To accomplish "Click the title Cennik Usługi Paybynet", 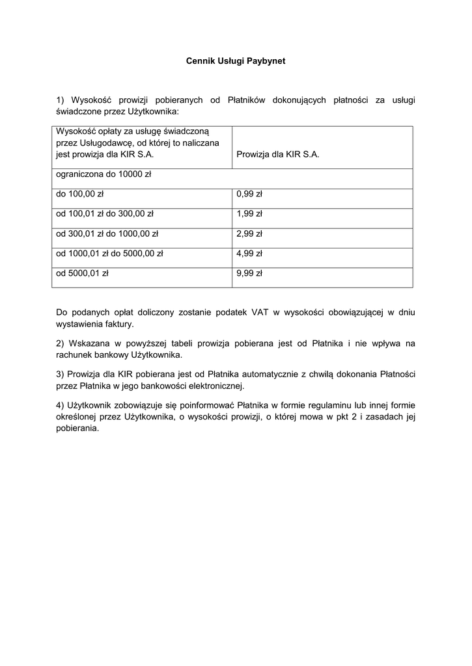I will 236,61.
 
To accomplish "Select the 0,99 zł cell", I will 249,194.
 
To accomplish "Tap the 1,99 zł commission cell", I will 249,213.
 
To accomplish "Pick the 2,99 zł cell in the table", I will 249,233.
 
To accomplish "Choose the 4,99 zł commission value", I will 249,254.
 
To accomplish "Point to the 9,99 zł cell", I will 249,273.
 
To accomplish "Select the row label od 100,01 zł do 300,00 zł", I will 105,213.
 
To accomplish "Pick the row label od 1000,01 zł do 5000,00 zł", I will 109,254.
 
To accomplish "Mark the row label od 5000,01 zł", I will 82,273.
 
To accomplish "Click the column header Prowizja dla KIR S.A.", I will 278,155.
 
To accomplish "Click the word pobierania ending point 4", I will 77,429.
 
